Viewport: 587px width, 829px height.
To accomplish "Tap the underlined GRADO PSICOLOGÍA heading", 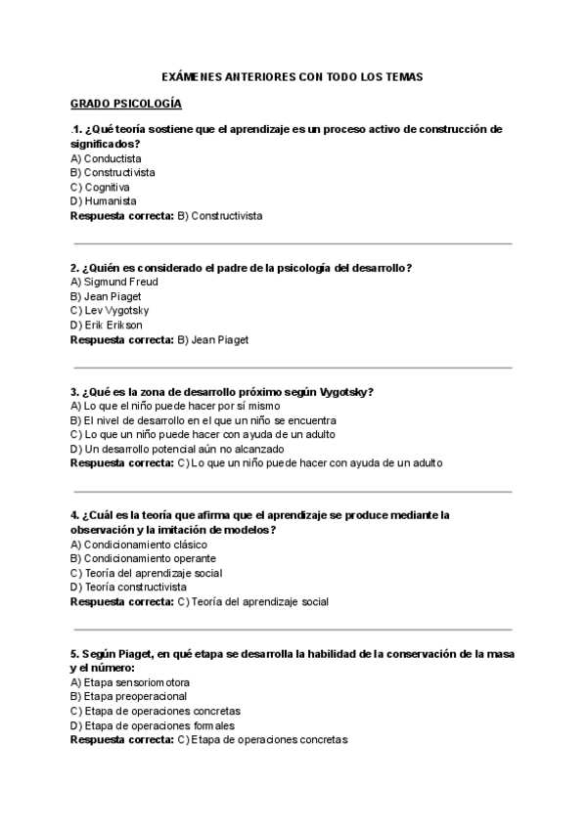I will [125, 104].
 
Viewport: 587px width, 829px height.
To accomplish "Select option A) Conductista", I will [106, 158].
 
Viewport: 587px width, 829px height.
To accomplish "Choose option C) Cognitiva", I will [100, 187].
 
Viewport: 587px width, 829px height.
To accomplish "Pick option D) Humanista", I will [104, 201].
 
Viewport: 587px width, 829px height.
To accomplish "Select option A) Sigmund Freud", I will [114, 283].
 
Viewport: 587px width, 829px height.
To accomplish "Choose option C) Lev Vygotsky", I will [110, 311].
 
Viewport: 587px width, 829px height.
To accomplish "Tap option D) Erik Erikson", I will [107, 326].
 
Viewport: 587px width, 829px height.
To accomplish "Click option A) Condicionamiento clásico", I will [139, 545].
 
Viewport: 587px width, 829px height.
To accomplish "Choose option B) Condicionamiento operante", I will [143, 558].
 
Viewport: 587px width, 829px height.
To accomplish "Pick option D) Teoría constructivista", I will [128, 588].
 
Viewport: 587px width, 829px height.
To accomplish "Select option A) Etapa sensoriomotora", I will [130, 682].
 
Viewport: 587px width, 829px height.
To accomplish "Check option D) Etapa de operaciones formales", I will [153, 725].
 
